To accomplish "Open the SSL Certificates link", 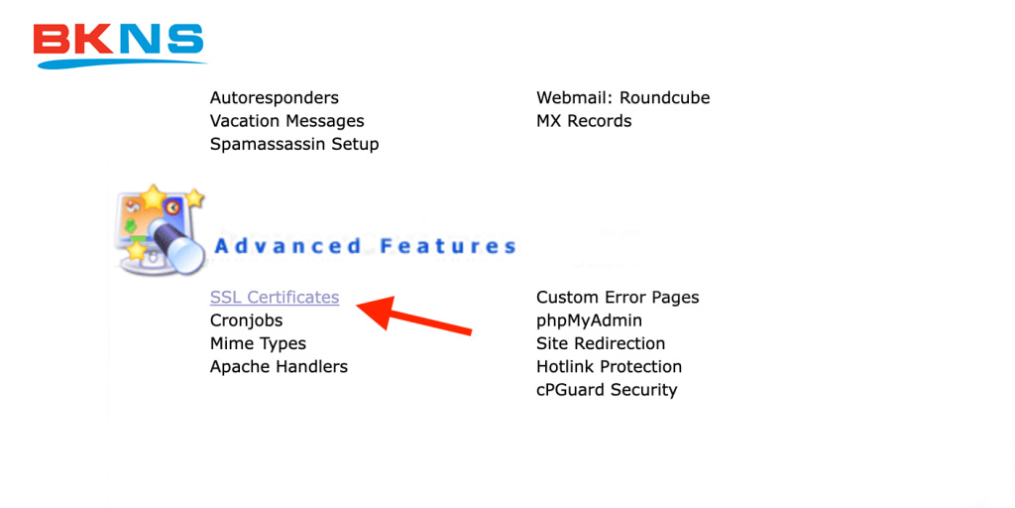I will click(x=275, y=298).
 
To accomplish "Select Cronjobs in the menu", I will click(x=246, y=320).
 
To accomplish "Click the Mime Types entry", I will click(x=258, y=343).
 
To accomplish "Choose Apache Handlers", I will click(x=279, y=366).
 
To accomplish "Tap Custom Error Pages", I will click(x=618, y=298).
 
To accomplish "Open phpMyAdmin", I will click(x=589, y=320).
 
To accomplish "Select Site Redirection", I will click(x=601, y=343).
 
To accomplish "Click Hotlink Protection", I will click(x=609, y=366).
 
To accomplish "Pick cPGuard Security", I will click(x=607, y=389).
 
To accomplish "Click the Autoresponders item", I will click(x=275, y=98).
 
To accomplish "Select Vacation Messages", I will click(x=286, y=121).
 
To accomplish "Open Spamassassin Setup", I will click(x=294, y=144).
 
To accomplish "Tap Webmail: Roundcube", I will click(x=622, y=98).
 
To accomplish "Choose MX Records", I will click(x=584, y=121).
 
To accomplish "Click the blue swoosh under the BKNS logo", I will click(x=119, y=63).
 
